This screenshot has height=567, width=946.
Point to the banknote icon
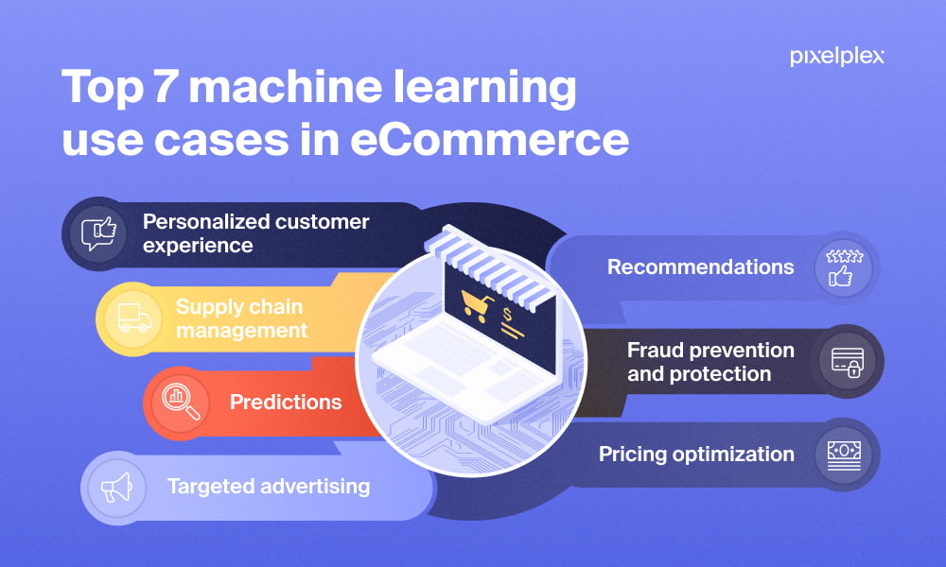click(x=844, y=454)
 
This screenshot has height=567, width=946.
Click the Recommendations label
click(x=700, y=267)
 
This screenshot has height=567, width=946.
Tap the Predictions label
click(x=285, y=403)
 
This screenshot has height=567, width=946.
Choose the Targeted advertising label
click(x=269, y=487)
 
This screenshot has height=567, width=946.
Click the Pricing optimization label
click(x=696, y=455)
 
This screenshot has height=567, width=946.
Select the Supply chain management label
click(x=241, y=318)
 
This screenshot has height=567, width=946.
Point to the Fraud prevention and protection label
click(x=710, y=362)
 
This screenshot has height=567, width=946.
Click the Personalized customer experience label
click(x=255, y=233)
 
